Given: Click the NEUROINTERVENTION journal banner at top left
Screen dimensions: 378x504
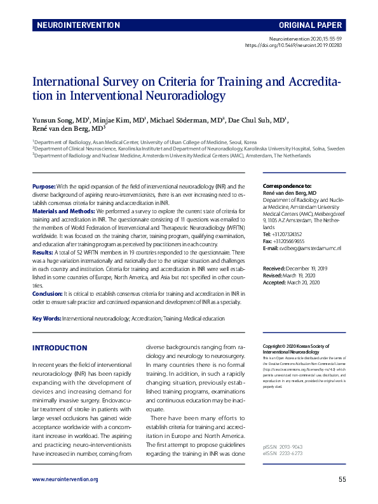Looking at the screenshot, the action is (78, 26).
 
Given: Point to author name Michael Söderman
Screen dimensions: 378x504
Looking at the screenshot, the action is (191, 120).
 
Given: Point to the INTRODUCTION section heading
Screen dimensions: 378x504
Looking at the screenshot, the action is (60, 348).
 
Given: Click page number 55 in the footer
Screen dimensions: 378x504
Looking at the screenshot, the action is (342, 496).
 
